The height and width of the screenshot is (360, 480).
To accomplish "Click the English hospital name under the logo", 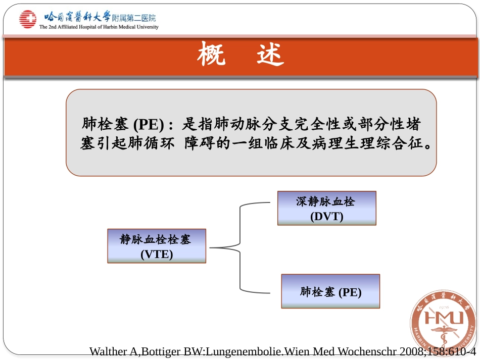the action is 99,27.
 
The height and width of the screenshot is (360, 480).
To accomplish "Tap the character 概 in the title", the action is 211,55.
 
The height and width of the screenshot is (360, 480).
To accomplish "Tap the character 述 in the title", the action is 270,55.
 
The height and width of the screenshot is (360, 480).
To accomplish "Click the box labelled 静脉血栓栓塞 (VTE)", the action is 157,246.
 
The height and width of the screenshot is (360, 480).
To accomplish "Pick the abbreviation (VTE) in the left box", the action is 157,254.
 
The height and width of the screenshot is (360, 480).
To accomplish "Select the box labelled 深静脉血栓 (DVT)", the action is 326,208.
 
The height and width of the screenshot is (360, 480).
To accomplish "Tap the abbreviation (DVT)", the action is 326,216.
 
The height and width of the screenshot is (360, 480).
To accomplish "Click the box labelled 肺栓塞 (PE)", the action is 330,291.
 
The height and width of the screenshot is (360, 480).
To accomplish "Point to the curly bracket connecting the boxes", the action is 241,247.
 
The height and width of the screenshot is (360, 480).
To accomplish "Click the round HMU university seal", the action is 443,323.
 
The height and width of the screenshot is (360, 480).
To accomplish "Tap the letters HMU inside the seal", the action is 443,319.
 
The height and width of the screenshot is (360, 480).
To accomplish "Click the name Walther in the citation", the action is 106,351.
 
